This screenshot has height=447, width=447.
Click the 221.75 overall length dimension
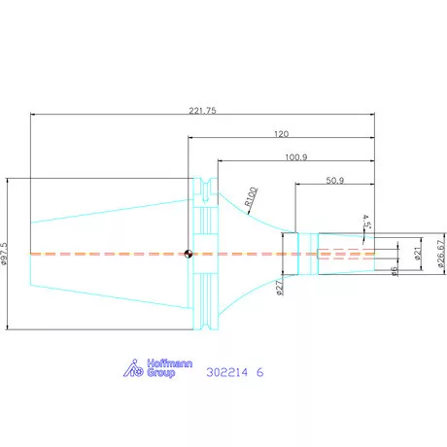(202, 111)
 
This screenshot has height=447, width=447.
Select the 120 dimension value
(281, 134)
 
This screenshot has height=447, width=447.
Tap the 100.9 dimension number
(296, 157)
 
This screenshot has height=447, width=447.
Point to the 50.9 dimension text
(335, 180)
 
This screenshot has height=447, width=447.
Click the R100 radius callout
(251, 196)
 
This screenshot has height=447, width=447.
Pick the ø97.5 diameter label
(4, 254)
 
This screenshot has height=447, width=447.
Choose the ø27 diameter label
(279, 288)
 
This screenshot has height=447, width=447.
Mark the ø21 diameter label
(418, 253)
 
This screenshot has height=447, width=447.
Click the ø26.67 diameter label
(441, 254)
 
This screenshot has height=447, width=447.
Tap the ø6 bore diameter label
(394, 271)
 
